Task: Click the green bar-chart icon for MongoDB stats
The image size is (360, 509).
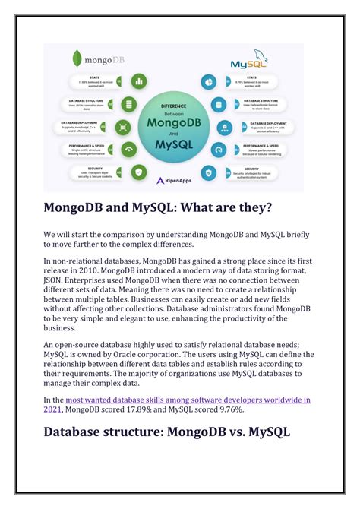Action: [x=138, y=81]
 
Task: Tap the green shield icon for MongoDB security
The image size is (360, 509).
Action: [x=138, y=172]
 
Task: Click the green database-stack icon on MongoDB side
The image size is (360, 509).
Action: [x=128, y=104]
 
